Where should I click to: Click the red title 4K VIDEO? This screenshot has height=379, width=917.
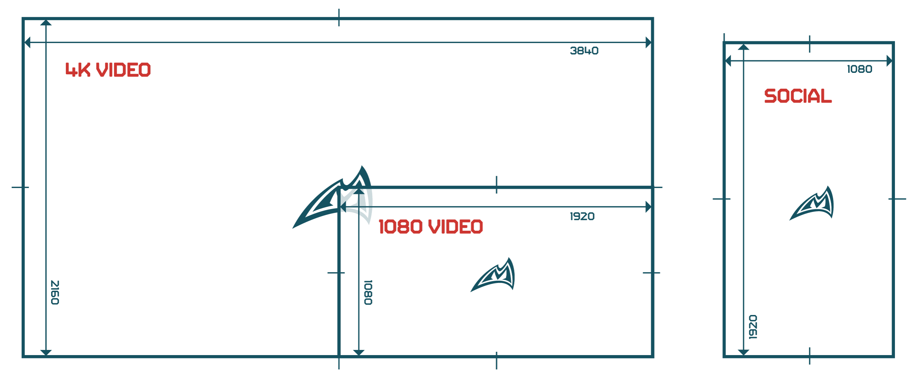tap(108, 70)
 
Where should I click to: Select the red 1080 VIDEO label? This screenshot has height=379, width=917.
tap(431, 226)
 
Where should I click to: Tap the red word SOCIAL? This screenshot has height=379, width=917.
tap(798, 96)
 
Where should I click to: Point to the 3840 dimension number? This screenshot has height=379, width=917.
tap(584, 51)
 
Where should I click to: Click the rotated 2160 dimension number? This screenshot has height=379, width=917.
tap(55, 293)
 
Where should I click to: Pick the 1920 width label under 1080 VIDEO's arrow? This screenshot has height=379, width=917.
tap(582, 216)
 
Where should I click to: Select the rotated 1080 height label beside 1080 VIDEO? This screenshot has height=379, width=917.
tap(368, 293)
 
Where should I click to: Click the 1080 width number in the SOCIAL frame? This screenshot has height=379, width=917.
tap(860, 69)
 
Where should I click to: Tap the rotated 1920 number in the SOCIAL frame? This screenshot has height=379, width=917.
tap(753, 327)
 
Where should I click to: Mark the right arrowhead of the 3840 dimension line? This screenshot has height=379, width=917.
tap(648, 42)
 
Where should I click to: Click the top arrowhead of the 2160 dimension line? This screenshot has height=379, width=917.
tap(46, 23)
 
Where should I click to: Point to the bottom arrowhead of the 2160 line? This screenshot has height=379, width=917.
tap(46, 353)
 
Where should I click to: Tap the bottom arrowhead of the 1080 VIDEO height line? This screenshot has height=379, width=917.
tap(359, 353)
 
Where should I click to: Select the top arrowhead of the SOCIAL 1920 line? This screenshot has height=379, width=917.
tap(744, 47)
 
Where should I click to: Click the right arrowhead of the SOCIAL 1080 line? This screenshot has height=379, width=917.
tap(889, 61)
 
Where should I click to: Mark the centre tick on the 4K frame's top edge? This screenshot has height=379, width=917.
tap(339, 18)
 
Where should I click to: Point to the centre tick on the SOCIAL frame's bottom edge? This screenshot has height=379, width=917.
tap(810, 356)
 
